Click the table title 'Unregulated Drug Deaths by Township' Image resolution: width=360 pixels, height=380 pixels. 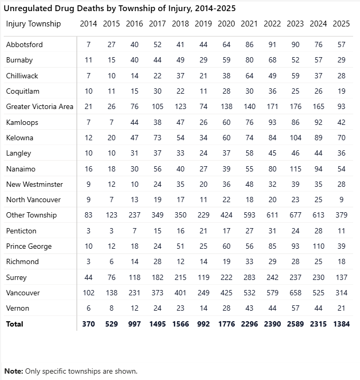click(119, 8)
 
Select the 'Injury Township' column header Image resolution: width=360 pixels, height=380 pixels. click(33, 24)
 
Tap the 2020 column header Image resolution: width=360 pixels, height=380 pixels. click(226, 24)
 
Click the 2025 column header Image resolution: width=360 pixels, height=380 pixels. click(341, 24)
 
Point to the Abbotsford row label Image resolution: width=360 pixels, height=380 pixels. click(24, 44)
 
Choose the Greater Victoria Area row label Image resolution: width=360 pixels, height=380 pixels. click(40, 106)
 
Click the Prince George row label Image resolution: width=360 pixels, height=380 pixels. click(29, 246)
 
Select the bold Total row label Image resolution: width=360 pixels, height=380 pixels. click(15, 324)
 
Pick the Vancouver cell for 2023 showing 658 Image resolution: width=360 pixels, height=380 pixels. click(295, 293)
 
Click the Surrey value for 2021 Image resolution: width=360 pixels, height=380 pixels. click(250, 277)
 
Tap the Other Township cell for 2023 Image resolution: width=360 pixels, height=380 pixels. click(295, 215)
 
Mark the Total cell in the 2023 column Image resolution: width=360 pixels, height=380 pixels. click(295, 324)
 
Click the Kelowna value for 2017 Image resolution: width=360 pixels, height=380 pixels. click(157, 138)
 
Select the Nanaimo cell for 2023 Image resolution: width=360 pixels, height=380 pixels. click(295, 169)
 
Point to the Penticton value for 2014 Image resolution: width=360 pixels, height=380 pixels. click(88, 231)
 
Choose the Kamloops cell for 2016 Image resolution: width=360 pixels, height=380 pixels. click(134, 122)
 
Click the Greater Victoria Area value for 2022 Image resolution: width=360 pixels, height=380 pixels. click(272, 106)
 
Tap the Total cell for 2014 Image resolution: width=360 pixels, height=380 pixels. click(88, 324)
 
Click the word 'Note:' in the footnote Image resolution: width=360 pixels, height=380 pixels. click(14, 371)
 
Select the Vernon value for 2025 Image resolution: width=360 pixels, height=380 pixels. click(341, 308)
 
